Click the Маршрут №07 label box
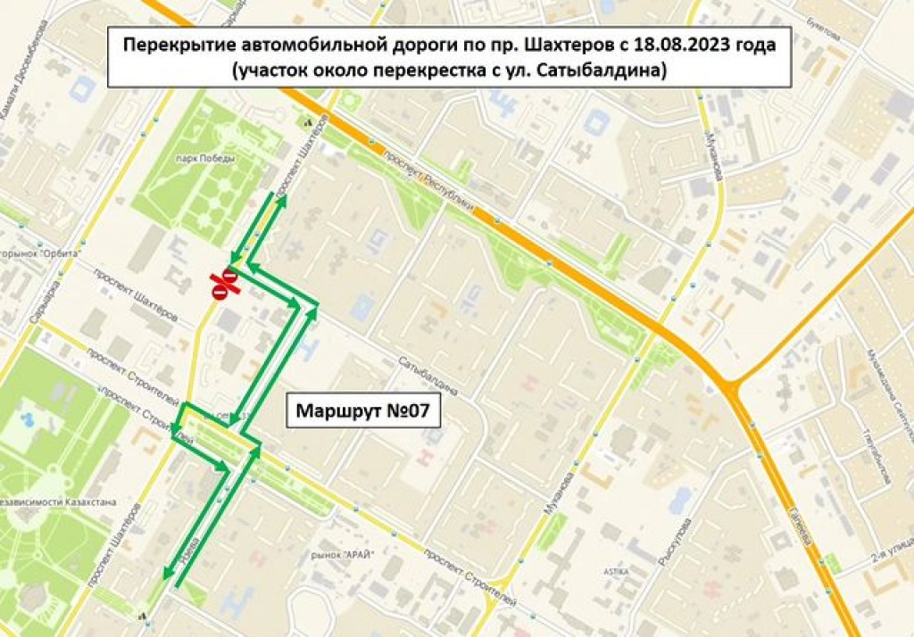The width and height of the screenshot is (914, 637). pyautogui.click(x=356, y=413)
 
